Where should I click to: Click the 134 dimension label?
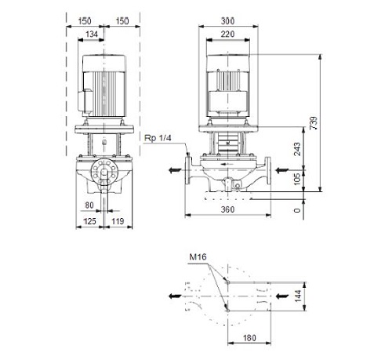[x=92, y=35]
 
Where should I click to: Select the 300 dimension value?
[x=227, y=21]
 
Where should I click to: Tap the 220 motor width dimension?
[x=227, y=35]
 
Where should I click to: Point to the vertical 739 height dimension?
[x=314, y=123]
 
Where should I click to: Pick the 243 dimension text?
[x=297, y=149]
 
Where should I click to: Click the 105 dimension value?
[x=297, y=179]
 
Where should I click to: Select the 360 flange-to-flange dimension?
[x=227, y=209]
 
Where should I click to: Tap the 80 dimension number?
[x=89, y=205]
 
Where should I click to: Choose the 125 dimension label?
[x=89, y=221]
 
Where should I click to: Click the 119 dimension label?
[x=118, y=221]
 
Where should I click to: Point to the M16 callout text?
[x=198, y=256]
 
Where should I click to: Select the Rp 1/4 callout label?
[x=158, y=138]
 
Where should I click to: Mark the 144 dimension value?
[x=298, y=296]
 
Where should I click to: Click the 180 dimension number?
[x=249, y=338]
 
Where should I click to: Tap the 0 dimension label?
[x=297, y=210]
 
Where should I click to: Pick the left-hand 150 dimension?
[x=85, y=21]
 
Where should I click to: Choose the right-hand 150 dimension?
[x=122, y=21]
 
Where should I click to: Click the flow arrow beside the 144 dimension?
[x=282, y=296]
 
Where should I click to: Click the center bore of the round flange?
[x=104, y=173]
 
